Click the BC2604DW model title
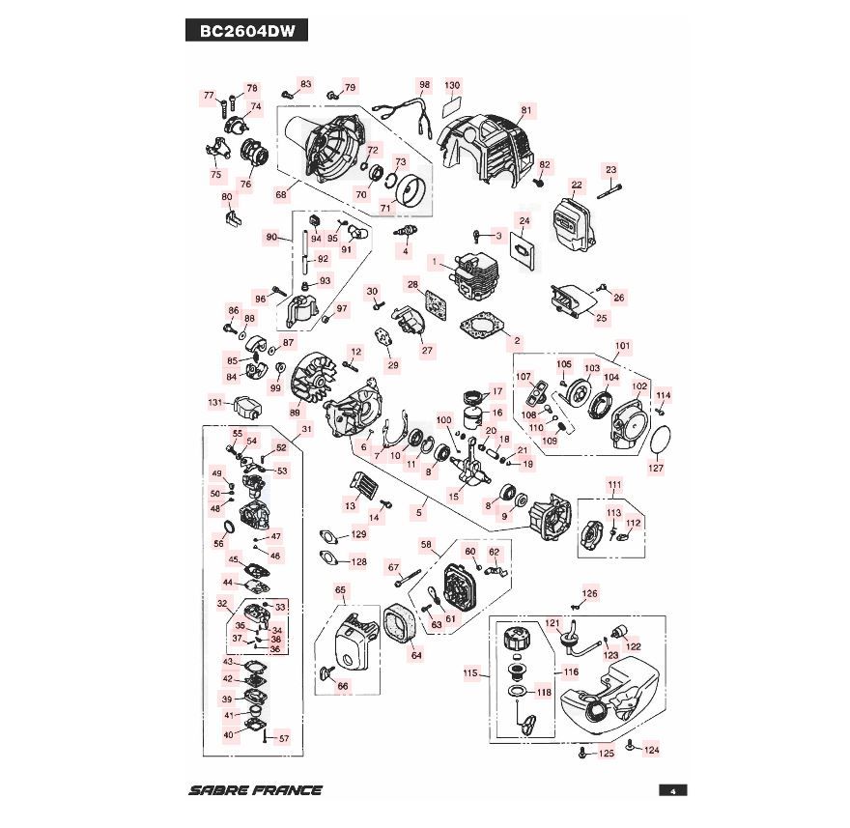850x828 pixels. [246, 30]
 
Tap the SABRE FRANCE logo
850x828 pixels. [256, 789]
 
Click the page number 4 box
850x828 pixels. [671, 790]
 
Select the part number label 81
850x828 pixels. [526, 109]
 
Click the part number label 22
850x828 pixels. [577, 185]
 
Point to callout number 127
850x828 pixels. [656, 470]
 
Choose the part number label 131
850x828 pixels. [215, 402]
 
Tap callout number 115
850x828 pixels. [470, 673]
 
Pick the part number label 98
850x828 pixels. [423, 85]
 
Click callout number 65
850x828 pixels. [340, 589]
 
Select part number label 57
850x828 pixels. [283, 738]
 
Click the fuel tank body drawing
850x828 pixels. [618, 691]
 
